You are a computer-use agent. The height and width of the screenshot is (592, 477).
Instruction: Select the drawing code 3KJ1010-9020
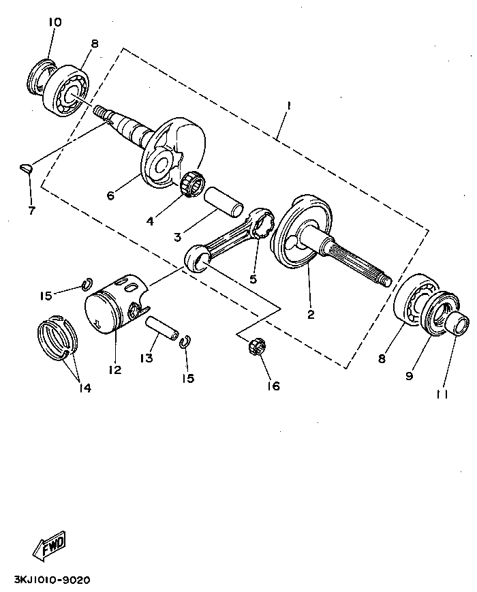pos(52,580)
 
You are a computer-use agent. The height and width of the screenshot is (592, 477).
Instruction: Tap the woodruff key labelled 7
pos(26,167)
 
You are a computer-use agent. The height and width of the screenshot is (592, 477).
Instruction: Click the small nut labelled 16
pos(258,345)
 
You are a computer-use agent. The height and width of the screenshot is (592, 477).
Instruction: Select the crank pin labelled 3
pos(223,202)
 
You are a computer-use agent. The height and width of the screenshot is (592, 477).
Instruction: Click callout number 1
pos(289,106)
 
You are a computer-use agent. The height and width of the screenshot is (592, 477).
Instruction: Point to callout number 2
pos(311,314)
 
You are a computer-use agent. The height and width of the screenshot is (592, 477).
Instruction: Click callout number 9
pos(410,375)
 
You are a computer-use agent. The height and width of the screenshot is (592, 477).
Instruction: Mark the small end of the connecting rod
pos(196,258)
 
